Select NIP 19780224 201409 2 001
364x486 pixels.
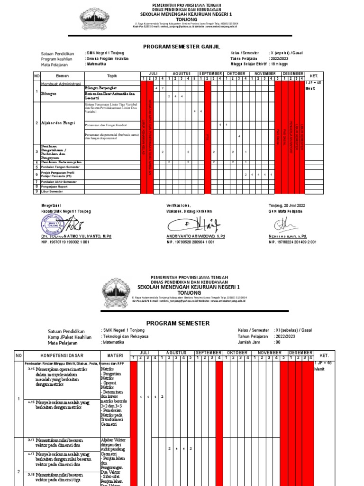coord(292,242)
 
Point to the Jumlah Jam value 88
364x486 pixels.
coord(278,342)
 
